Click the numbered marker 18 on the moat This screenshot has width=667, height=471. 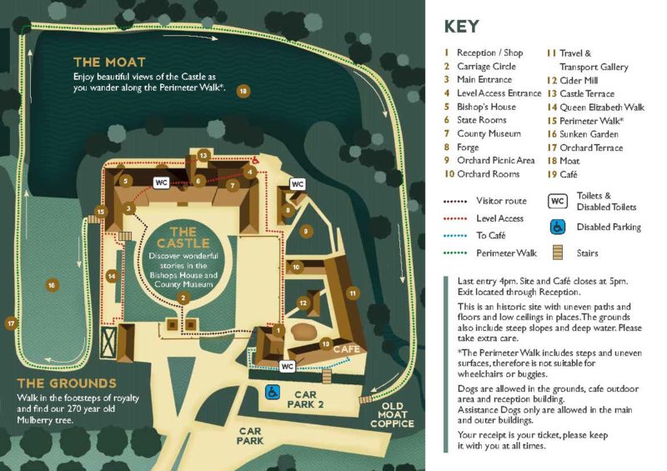243,91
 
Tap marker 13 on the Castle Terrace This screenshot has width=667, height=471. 203,156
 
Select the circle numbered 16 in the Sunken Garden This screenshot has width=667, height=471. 53,285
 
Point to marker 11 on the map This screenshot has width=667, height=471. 353,293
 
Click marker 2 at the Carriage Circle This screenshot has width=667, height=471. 182,298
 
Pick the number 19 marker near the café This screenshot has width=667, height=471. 326,343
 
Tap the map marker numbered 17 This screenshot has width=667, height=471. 11,323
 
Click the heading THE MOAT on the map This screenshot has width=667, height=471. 109,63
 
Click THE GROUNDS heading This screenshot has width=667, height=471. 67,383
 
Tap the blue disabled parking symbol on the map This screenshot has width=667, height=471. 272,390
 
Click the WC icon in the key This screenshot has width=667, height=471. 558,201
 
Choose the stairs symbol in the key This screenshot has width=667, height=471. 558,253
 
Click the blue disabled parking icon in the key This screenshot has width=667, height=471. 558,227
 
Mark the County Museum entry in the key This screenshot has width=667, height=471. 489,133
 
